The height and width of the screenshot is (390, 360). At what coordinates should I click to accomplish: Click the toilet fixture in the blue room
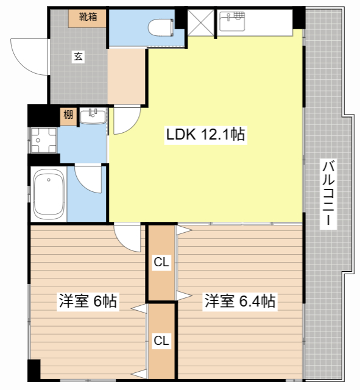[x=161, y=27]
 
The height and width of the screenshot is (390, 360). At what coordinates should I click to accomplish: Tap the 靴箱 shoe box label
[x=88, y=16]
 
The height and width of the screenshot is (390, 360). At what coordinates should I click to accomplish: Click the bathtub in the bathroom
[x=49, y=194]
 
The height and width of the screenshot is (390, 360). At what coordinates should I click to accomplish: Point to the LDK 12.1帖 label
[x=206, y=134]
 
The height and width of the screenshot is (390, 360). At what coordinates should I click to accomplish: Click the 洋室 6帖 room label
[x=88, y=301]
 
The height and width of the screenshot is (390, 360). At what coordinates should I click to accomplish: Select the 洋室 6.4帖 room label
[x=240, y=301]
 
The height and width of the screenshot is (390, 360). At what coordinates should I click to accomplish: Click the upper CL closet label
[x=161, y=262]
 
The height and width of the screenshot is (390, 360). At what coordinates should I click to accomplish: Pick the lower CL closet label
[x=161, y=340]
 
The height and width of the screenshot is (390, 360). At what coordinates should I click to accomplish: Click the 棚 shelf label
[x=68, y=115]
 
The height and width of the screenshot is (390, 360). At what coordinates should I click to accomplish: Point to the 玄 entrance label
[x=79, y=57]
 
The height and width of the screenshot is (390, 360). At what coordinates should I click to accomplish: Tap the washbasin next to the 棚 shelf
[x=93, y=116]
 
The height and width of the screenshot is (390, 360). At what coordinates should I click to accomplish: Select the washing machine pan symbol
[x=43, y=140]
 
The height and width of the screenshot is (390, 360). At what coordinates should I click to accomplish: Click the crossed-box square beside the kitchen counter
[x=200, y=23]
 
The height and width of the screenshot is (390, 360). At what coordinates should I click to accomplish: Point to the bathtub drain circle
[x=49, y=180]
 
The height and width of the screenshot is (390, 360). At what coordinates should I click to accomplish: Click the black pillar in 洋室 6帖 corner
[x=34, y=370]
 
